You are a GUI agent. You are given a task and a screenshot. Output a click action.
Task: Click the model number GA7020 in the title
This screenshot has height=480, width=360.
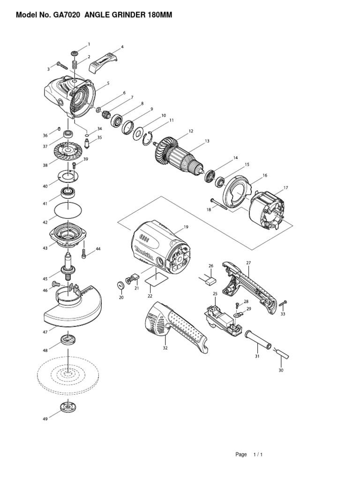point(67,15)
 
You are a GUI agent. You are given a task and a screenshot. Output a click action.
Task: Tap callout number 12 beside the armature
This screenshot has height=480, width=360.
point(191,131)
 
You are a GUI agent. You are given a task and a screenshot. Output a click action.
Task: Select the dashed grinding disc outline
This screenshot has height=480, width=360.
point(68,375)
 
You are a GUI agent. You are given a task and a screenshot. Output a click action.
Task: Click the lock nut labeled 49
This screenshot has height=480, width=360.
point(68,407)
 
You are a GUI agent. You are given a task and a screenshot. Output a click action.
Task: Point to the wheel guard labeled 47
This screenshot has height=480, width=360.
point(73,309)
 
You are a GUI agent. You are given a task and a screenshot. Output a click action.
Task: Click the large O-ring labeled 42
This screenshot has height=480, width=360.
point(68,210)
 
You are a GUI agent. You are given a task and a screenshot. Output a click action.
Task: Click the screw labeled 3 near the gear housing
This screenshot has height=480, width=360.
point(62,66)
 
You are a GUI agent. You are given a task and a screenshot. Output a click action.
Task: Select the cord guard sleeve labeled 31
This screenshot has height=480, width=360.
point(258,339)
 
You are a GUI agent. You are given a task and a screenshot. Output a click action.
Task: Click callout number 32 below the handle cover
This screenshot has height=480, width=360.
point(165,348)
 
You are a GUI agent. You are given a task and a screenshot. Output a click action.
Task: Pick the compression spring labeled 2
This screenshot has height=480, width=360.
point(74,65)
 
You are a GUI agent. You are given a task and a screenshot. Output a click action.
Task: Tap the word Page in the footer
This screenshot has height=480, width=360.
point(241,454)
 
